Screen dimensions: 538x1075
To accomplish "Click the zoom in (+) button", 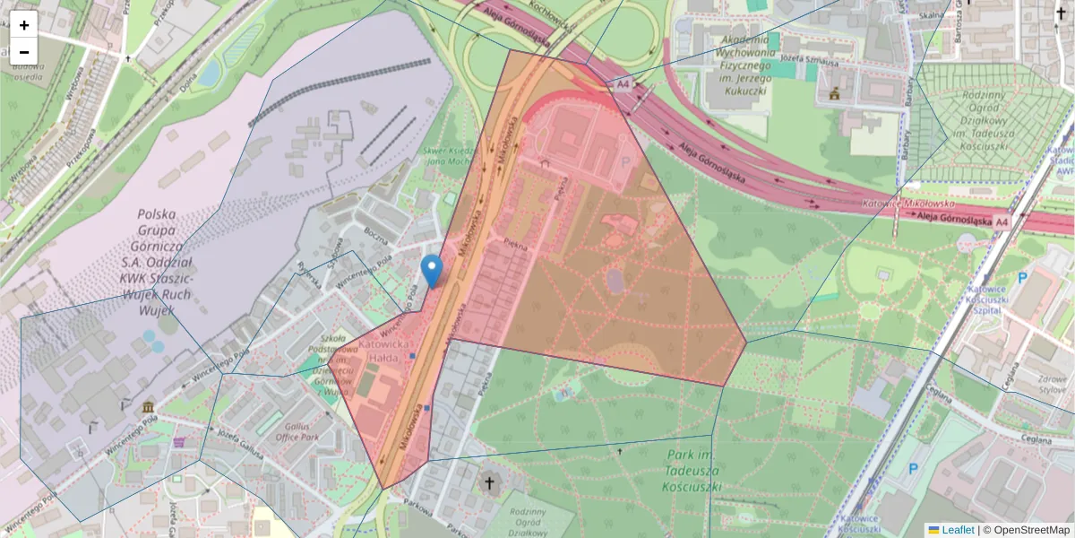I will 24,25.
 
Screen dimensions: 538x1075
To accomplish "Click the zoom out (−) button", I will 24,52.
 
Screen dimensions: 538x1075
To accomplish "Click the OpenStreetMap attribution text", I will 1026,530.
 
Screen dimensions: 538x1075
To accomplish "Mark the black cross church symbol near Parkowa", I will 489,485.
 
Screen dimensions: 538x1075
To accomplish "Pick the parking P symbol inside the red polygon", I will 625,163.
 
